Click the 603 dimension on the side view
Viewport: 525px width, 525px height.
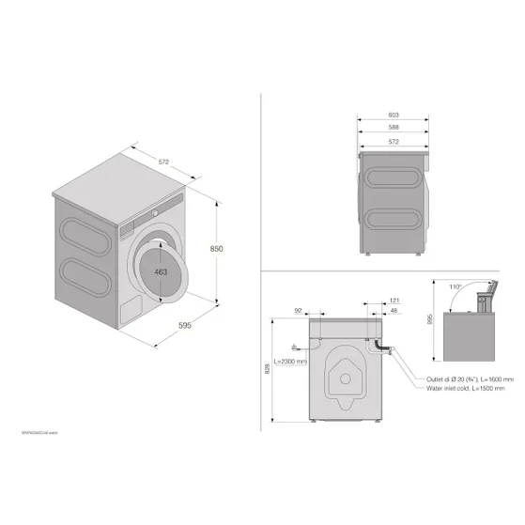pyautogui.click(x=394, y=115)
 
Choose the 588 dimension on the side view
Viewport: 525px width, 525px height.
pyautogui.click(x=394, y=128)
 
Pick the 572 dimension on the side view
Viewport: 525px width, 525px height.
pyautogui.click(x=394, y=141)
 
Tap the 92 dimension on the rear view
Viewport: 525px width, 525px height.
pyautogui.click(x=298, y=310)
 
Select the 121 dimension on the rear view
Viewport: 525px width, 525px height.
pyautogui.click(x=394, y=301)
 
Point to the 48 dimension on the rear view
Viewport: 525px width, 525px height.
pyautogui.click(x=394, y=311)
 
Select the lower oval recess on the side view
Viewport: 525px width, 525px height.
pyautogui.click(x=392, y=221)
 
